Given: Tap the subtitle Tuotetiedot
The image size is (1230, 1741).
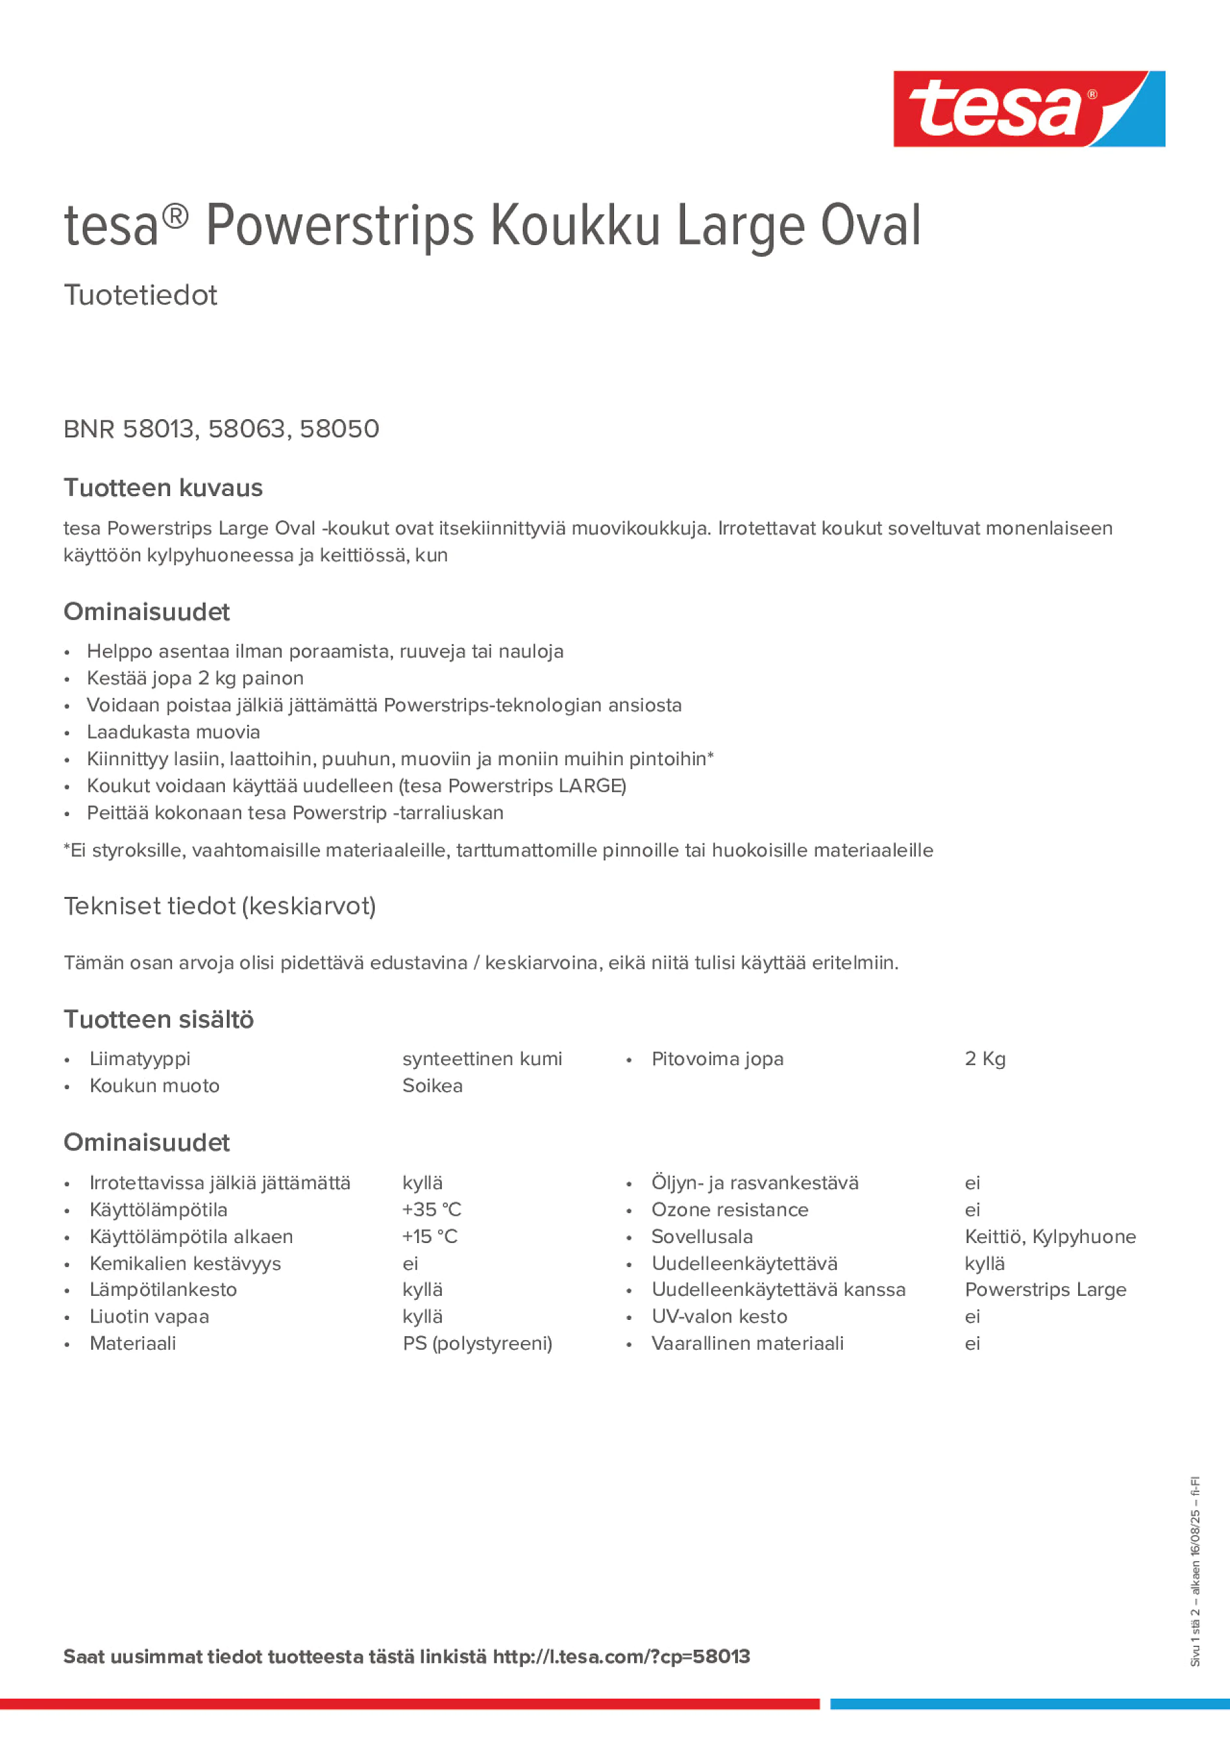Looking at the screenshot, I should pos(140,295).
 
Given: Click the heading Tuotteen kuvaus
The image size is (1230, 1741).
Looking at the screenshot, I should pos(163,488).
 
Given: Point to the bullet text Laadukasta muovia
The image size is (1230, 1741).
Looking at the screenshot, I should pos(173,732).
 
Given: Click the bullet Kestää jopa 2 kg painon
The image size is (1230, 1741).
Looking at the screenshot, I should pos(195,678).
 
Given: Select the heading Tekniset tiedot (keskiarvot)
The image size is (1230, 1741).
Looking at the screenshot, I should pos(220,906).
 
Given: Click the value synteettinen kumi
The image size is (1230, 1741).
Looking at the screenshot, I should pos(482,1059).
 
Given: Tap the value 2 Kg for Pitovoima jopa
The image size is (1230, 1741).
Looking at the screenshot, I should pos(984,1059).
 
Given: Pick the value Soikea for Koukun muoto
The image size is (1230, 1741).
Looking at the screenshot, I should pos(432,1086).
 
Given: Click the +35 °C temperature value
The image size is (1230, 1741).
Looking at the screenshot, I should pos(432,1210).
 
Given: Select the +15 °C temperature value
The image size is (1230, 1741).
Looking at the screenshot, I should pos(430,1236).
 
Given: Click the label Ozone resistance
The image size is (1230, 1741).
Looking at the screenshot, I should pos(729,1210).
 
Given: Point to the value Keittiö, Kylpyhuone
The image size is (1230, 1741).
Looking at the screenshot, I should pos(1049,1236).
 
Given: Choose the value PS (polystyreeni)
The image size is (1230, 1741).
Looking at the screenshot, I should pos(477,1343).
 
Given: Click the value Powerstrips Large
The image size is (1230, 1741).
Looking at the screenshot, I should pos(1045,1290).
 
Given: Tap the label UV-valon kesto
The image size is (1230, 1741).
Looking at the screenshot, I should pos(719,1317).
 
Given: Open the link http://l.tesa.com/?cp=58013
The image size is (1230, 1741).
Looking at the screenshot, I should pos(621,1657).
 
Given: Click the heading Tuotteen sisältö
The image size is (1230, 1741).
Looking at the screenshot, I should pos(158,1019).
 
